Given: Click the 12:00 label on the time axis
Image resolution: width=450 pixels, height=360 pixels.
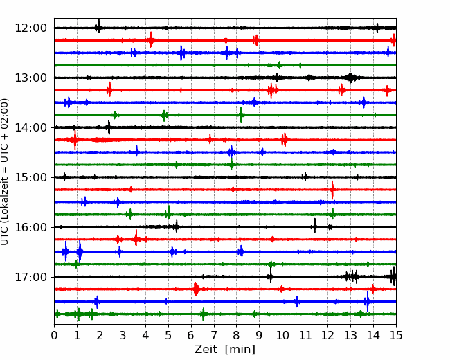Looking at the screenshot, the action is tap(30, 28).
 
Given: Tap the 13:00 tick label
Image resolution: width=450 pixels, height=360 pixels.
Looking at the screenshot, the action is tap(30, 78).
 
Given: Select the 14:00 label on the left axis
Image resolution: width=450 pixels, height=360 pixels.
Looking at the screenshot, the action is tap(30, 127).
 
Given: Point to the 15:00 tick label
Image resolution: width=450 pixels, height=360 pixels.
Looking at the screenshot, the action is tap(30, 177).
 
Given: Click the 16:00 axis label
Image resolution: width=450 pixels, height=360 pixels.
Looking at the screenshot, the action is tap(30, 227).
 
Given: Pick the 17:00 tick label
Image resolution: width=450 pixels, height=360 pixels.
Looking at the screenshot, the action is tap(30, 277).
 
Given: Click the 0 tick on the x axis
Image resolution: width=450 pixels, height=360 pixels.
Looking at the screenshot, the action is tap(54, 335).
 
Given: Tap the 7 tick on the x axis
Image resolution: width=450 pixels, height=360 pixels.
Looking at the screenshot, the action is tap(213, 335).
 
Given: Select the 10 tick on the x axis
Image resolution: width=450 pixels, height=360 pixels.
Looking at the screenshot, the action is tap(282, 335).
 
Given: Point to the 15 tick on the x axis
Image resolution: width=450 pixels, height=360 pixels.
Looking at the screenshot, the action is tap(396, 335).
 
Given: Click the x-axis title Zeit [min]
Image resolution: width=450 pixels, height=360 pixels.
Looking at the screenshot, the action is tap(225, 350).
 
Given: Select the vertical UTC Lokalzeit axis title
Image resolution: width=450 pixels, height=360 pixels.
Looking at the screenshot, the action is tap(4, 172).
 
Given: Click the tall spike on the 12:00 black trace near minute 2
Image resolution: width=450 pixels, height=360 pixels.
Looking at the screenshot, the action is tap(98, 26).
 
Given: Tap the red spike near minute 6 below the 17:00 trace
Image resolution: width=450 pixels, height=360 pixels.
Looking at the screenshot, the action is tap(196, 289).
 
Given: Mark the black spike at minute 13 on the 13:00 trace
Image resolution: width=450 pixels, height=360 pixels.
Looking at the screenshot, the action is tap(350, 78).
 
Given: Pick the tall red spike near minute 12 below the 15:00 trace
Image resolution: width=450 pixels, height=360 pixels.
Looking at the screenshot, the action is tap(332, 190).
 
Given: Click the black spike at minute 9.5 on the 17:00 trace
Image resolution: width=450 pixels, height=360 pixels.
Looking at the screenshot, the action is tap(270, 275).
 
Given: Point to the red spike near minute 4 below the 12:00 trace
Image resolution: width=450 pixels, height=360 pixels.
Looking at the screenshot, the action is tap(151, 40).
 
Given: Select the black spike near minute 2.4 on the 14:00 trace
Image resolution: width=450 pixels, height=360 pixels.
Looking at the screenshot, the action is tap(109, 127).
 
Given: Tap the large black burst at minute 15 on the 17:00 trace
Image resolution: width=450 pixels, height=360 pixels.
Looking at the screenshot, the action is tap(393, 276).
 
